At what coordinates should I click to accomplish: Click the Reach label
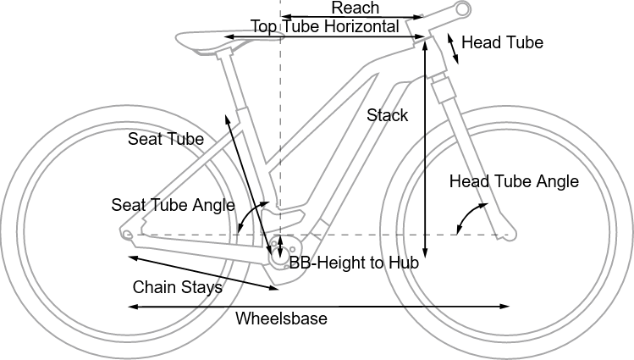355,8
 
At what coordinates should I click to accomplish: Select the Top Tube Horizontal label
324,27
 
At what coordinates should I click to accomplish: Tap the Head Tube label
502,42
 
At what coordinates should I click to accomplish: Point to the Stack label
387,115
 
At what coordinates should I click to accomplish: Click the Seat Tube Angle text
173,205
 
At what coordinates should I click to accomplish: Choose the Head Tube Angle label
514,181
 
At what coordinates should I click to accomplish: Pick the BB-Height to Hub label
354,263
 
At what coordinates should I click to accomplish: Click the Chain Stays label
177,287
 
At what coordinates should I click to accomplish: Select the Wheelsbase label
281,318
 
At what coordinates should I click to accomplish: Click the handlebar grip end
461,9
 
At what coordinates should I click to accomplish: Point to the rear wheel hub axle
126,235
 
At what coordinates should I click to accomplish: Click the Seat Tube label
165,139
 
